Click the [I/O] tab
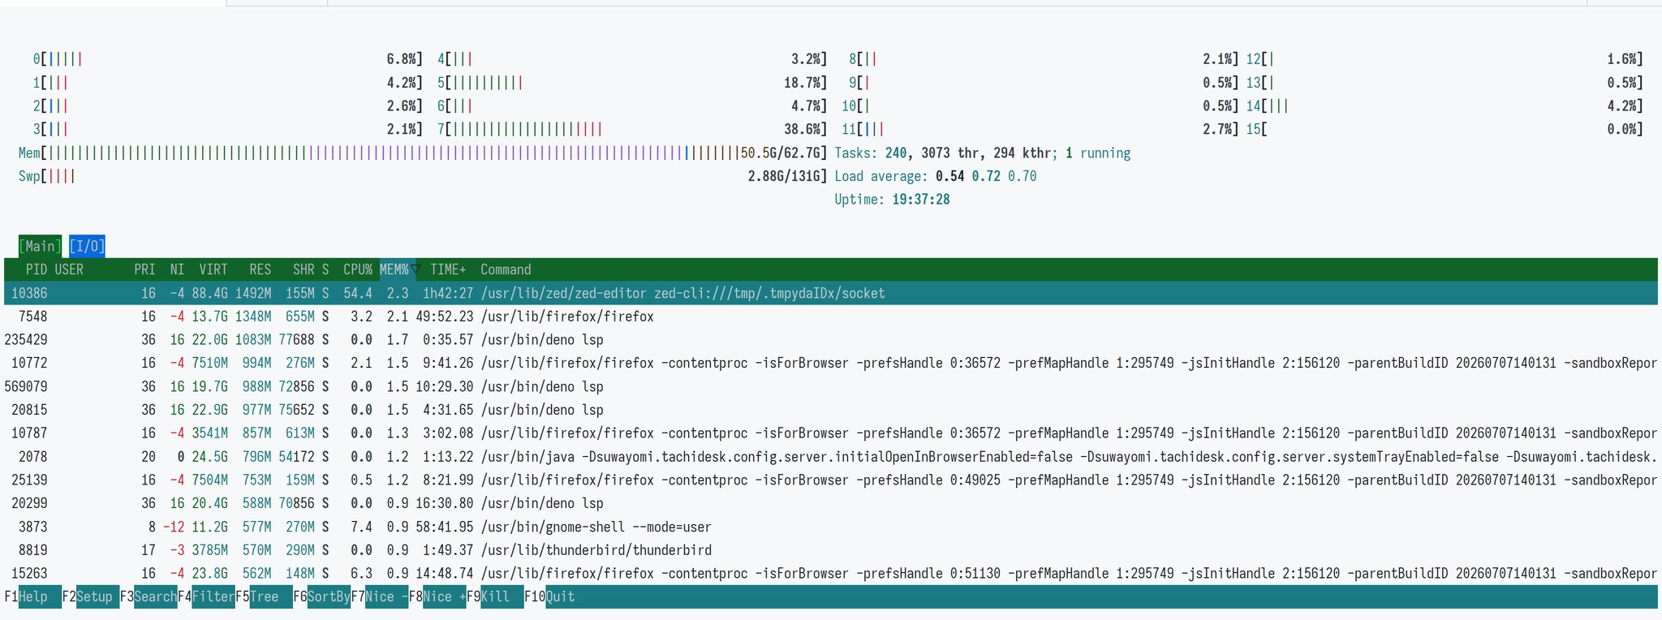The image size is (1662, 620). coord(87,246)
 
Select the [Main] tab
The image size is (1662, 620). coord(40,246)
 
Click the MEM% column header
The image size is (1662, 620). coord(394,269)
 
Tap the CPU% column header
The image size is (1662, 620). coord(358,269)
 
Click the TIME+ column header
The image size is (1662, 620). coord(448,269)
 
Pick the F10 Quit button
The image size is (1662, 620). coord(549,597)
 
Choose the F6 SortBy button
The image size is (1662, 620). coord(322,597)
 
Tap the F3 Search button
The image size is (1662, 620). coord(149,597)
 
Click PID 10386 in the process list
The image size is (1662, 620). coord(29,293)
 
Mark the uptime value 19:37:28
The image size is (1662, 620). coord(920,200)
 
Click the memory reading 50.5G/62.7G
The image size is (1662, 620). coord(781,153)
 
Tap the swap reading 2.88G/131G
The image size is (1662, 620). coord(785,176)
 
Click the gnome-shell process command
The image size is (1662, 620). coord(596,527)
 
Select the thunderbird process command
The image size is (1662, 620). coord(596,550)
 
